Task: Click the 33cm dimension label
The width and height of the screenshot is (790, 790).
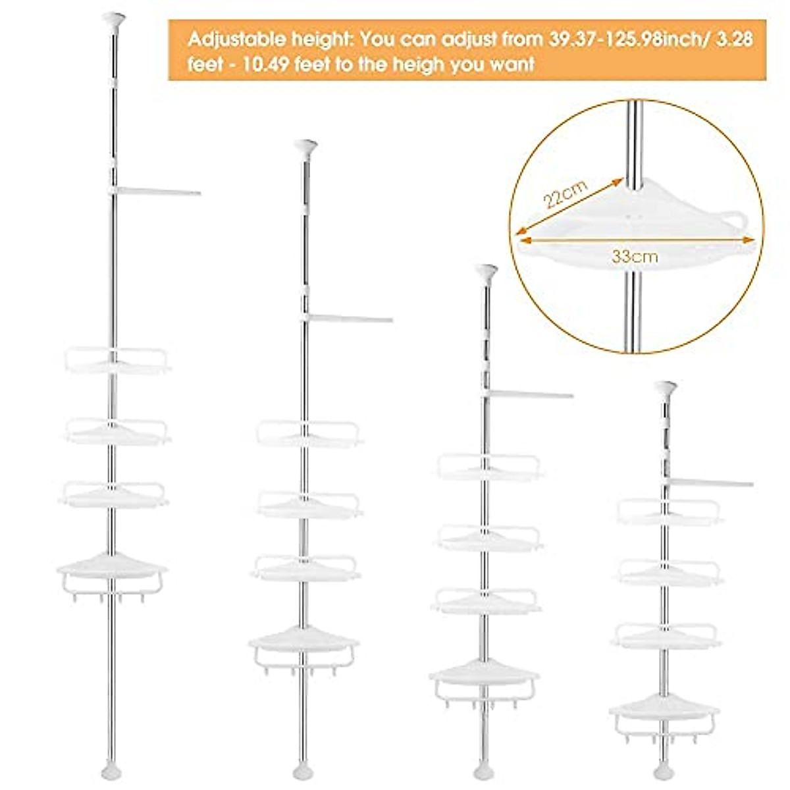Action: coord(635,257)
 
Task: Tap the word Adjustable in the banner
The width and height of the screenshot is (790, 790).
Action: coord(230,39)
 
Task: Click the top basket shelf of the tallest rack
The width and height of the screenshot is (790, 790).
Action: coord(117,361)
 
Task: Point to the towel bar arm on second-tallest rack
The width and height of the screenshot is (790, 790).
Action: coord(349,319)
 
